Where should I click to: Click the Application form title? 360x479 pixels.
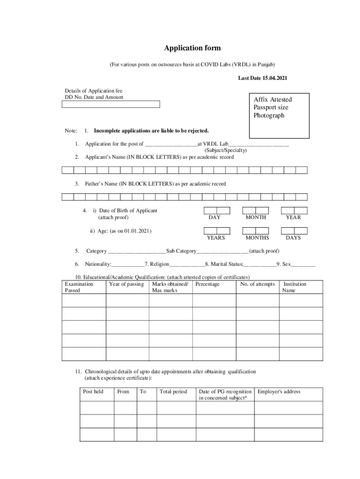coord(192,48)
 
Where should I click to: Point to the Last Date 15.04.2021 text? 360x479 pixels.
coord(262,78)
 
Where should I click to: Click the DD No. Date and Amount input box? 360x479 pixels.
coord(111,104)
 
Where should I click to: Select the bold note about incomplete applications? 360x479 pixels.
coord(151,131)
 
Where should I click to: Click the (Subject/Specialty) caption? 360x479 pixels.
coord(226,150)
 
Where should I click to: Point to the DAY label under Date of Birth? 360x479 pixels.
coord(215,218)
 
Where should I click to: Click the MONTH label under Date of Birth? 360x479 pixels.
coord(256,218)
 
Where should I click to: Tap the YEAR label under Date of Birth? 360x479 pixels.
coord(294,218)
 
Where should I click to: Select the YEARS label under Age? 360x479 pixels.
coord(216,238)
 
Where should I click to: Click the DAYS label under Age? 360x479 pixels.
coord(294,238)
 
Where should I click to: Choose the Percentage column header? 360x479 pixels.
coord(207,284)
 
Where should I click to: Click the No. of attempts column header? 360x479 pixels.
coord(258,284)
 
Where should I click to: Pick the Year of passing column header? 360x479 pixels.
coord(126,284)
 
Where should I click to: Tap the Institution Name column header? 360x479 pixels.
coord(295,287)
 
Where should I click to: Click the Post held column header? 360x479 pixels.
coord(93,392)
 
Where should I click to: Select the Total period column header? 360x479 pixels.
coord(173,392)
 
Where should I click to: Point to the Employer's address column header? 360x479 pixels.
coord(279,392)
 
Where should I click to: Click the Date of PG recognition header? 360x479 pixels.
coord(225,394)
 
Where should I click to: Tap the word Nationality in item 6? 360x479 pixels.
coord(98,264)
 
